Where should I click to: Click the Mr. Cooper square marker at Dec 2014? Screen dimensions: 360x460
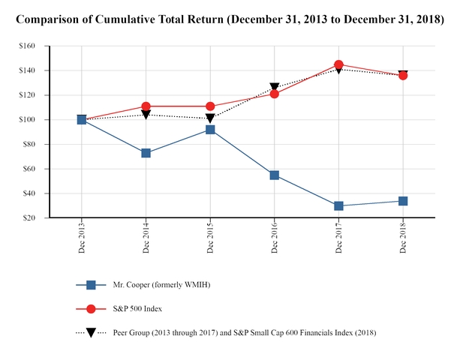pyautogui.click(x=146, y=153)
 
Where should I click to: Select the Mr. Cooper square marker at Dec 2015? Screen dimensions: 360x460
pyautogui.click(x=210, y=130)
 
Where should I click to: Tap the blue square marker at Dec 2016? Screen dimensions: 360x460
pyautogui.click(x=275, y=175)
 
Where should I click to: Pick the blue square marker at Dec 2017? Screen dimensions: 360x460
pyautogui.click(x=339, y=205)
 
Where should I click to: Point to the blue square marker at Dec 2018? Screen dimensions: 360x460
pyautogui.click(x=404, y=201)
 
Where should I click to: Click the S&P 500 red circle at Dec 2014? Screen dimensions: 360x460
pyautogui.click(x=146, y=106)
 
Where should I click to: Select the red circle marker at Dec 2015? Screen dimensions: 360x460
pyautogui.click(x=210, y=106)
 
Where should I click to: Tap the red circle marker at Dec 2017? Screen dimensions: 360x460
pyautogui.click(x=339, y=65)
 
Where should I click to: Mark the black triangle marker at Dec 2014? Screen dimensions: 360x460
pyautogui.click(x=146, y=115)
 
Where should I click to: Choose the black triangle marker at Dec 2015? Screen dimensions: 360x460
pyautogui.click(x=210, y=118)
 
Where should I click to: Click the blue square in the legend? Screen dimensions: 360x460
pyautogui.click(x=91, y=285)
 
